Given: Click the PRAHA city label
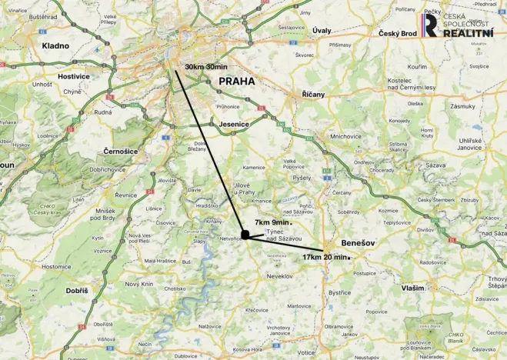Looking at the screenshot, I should coord(237,81).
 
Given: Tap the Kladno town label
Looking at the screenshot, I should coord(55,45).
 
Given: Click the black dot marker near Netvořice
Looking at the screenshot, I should coord(245,235).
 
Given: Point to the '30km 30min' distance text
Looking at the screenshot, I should coord(206,67).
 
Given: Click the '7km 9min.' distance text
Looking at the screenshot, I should coord(272,222).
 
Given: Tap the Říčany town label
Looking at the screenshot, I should coord(314,94).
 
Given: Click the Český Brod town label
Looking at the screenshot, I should coord(397,34).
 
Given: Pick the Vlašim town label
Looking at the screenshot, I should coord(412,288).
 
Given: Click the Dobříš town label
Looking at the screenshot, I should coord(77,290).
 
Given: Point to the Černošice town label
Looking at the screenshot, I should coord(120,151).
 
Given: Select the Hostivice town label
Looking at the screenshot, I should coord(74,77).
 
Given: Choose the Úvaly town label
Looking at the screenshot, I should coord(322,30).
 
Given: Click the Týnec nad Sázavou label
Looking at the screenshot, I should coord(278,235).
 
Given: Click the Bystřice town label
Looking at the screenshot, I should coord(339,292).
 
